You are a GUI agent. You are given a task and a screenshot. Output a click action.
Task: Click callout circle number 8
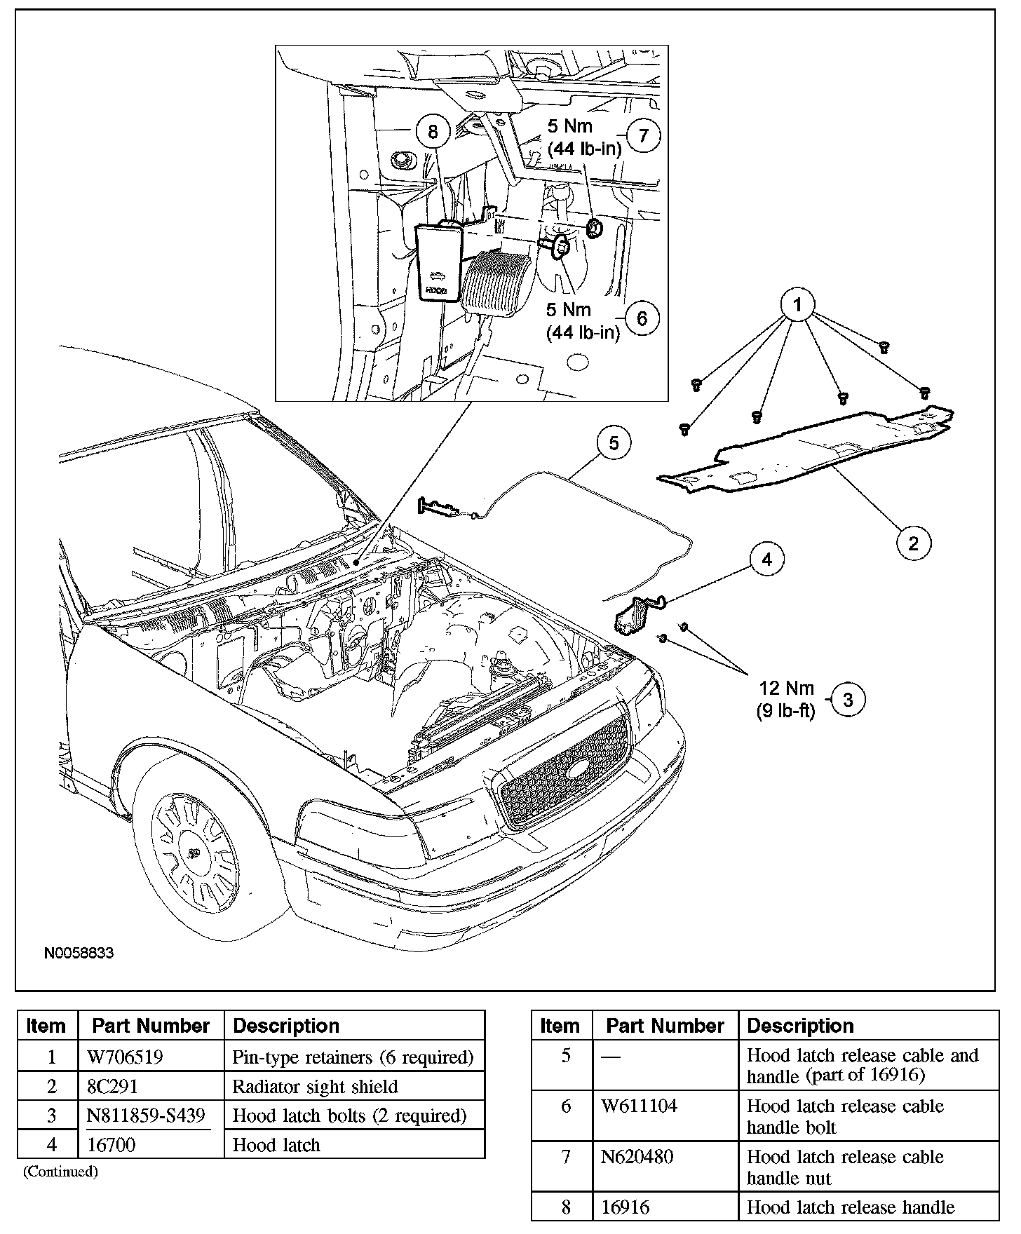pos(432,131)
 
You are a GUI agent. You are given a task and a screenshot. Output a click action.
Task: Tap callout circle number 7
pos(642,136)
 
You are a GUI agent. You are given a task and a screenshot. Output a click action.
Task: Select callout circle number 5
pos(614,443)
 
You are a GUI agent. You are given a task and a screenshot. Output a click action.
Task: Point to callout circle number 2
pos(913,543)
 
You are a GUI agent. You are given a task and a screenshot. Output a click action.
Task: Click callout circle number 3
pos(848,700)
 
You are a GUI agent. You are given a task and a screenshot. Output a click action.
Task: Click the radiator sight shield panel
pos(806,452)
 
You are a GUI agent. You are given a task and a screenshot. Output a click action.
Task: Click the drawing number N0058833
pos(79,954)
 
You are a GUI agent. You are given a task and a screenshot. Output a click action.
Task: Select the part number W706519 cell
pos(125,1057)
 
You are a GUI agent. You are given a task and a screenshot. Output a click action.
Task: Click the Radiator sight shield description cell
pos(315,1086)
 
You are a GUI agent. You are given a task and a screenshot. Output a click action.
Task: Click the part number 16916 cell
pos(626,1207)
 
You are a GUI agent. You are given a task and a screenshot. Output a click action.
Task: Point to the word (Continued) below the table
pos(60,1171)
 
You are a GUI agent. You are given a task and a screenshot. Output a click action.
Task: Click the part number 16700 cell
pos(115,1144)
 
